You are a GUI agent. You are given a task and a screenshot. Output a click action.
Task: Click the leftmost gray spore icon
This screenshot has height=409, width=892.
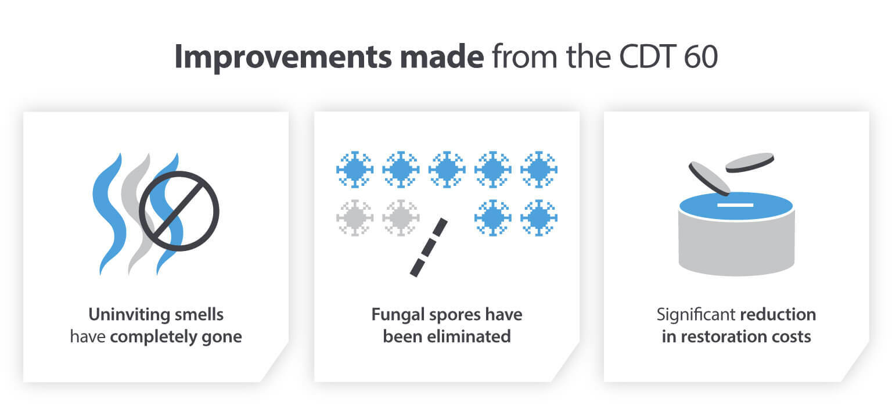[354, 218]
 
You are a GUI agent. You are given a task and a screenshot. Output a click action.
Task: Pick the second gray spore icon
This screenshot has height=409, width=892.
[401, 218]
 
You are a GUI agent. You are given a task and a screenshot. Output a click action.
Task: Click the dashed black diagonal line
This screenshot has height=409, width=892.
[429, 246]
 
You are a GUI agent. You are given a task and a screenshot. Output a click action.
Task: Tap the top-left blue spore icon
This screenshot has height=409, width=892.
[354, 169]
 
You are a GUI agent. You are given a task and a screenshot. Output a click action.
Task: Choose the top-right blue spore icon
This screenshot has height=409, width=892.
[539, 169]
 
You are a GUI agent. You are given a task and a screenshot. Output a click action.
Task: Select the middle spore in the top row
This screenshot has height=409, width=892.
[447, 169]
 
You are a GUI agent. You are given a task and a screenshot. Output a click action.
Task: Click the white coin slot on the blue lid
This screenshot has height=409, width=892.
[735, 205]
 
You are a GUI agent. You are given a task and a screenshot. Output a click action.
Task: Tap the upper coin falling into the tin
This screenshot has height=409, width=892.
[750, 162]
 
